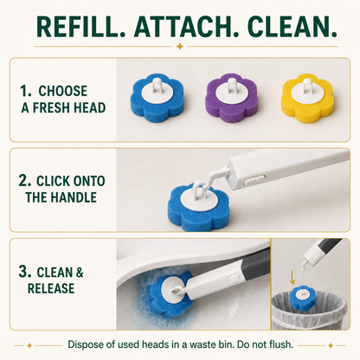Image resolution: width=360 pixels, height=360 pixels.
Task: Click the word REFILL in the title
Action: coord(80,27)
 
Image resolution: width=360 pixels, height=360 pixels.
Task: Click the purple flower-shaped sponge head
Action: coord(231,98)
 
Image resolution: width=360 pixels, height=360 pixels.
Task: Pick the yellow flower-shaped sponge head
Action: coord(307,98)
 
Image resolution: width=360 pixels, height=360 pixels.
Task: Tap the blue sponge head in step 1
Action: coord(157,98)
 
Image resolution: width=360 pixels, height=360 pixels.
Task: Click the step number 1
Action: coord(25,91)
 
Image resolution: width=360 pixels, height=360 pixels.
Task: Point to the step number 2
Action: coord(25,181)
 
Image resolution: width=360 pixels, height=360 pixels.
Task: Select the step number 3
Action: coord(25,272)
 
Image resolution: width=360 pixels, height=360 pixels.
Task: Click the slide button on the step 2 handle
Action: coord(254,182)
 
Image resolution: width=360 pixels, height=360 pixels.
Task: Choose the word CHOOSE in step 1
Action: coord(63,91)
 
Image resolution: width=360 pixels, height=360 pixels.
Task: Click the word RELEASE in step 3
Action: coord(51,288)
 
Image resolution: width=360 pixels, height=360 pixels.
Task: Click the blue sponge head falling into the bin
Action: coord(301,299)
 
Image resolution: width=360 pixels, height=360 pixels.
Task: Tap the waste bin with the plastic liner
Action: coord(309,312)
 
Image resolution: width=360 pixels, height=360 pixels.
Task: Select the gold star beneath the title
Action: coord(180,46)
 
